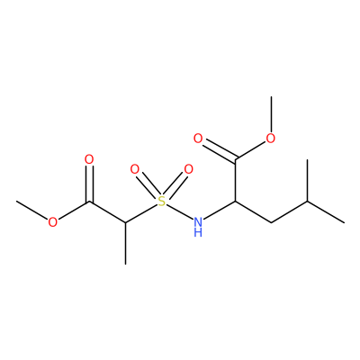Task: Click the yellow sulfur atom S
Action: click(162, 202)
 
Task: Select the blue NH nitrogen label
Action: click(198, 227)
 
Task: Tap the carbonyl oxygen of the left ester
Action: click(89, 160)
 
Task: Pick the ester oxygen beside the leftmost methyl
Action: click(53, 222)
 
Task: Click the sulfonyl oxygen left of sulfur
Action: click(135, 170)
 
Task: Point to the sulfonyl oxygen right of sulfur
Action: click(188, 169)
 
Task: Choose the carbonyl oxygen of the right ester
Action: click(198, 139)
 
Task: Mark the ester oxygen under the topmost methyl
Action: click(271, 139)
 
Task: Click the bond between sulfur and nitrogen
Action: click(179, 211)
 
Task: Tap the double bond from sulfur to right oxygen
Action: click(175, 185)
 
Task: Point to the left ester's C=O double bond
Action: click(89, 184)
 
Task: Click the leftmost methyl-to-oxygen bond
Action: click(32, 211)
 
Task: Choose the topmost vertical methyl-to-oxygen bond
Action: click(271, 114)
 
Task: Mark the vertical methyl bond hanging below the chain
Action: click(125, 243)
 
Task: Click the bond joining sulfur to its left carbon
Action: click(141, 213)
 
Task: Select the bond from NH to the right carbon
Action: click(219, 211)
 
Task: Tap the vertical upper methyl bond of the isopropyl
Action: click(308, 180)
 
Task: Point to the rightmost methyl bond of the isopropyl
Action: click(326, 211)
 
